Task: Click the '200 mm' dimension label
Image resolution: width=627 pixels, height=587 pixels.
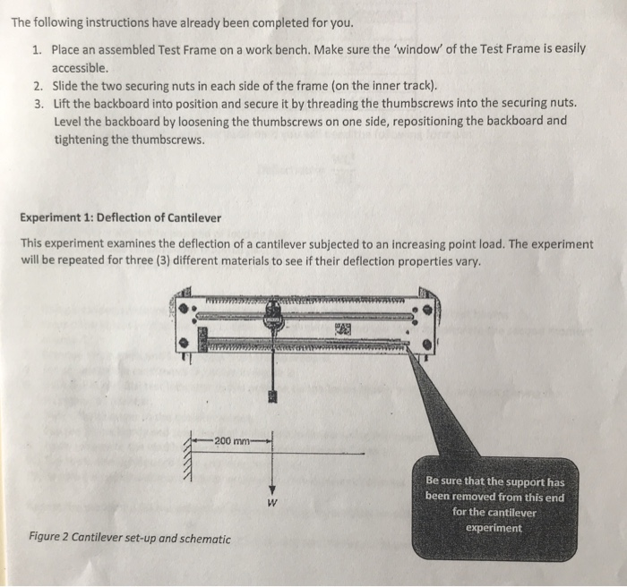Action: click(x=231, y=440)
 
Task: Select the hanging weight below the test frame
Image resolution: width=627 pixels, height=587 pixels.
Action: click(x=273, y=396)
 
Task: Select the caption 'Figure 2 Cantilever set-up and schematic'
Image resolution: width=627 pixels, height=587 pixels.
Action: click(x=129, y=539)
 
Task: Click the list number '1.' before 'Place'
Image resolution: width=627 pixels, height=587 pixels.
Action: click(x=38, y=49)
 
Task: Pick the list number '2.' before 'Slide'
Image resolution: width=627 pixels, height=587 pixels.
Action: click(x=38, y=87)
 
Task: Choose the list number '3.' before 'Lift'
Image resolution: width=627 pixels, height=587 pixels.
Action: click(x=38, y=103)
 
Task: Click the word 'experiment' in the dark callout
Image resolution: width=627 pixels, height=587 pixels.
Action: click(x=494, y=528)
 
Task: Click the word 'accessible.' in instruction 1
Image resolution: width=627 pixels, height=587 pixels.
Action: click(x=81, y=68)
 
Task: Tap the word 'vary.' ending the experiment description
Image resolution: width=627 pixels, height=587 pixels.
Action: click(x=466, y=262)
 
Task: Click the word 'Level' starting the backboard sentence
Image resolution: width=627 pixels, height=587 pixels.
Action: click(x=69, y=122)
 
